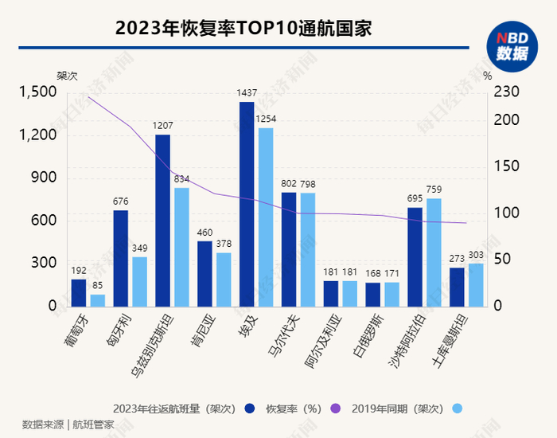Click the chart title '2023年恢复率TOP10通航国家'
pyautogui.click(x=244, y=29)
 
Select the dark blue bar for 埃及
pyautogui.click(x=247, y=204)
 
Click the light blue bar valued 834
pyautogui.click(x=181, y=247)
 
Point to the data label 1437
pyautogui.click(x=247, y=93)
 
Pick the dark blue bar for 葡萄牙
pyautogui.click(x=78, y=292)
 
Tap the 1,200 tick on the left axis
pyautogui.click(x=37, y=135)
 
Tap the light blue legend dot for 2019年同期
pyautogui.click(x=454, y=409)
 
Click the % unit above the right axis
pyautogui.click(x=488, y=76)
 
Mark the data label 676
pyautogui.click(x=121, y=201)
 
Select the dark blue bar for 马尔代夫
pyautogui.click(x=289, y=249)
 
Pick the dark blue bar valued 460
pyautogui.click(x=204, y=273)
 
